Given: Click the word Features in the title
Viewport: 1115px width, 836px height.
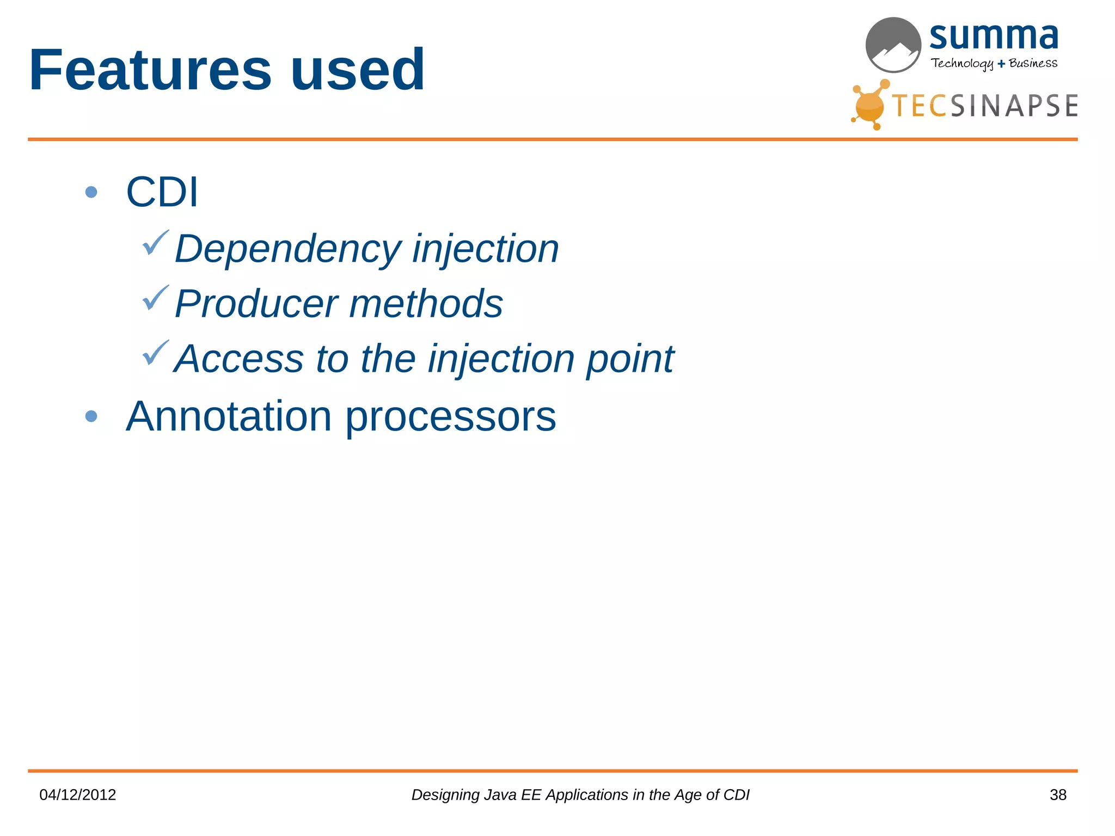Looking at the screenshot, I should tap(150, 71).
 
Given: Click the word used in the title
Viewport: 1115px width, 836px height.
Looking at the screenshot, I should tap(357, 71).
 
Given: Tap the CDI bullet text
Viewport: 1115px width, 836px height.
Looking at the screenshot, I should tap(162, 192).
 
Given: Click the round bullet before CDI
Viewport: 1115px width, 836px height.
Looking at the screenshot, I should tap(91, 192).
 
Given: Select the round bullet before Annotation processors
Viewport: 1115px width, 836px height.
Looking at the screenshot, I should tap(91, 416).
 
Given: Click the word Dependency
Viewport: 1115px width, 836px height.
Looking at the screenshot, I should tap(287, 249).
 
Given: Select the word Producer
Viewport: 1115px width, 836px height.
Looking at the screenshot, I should tap(256, 304).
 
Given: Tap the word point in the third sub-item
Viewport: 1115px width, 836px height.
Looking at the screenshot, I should tap(630, 360).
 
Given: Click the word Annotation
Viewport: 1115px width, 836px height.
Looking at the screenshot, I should tap(229, 417).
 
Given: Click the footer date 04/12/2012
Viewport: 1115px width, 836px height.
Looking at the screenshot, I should tap(78, 795).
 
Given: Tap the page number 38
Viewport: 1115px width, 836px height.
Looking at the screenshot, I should tap(1058, 795).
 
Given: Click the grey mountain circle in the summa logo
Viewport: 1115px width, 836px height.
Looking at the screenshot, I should tap(893, 45).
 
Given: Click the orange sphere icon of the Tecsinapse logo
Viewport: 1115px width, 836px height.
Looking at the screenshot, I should tap(869, 106).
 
